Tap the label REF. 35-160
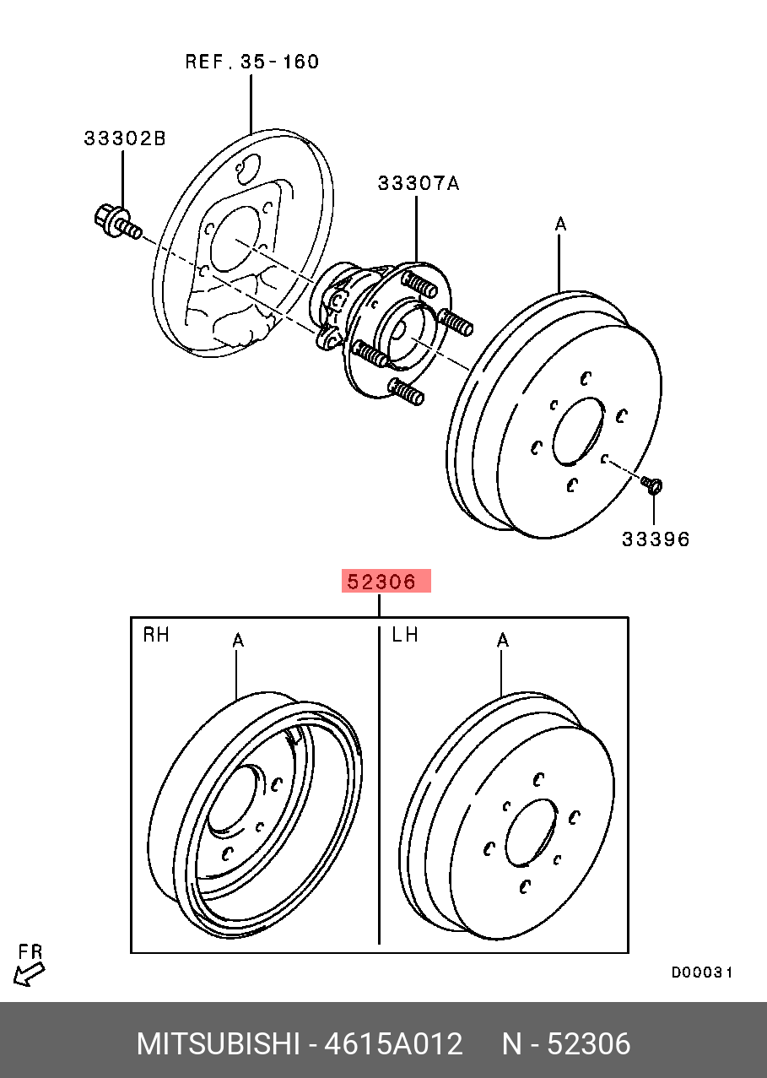252,62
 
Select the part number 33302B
125,138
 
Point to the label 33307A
419,183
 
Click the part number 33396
656,539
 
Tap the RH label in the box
156,634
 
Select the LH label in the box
405,634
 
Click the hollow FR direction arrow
29,975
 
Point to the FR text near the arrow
30,952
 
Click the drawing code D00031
701,972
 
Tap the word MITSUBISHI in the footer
217,1044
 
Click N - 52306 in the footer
566,1044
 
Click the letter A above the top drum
560,225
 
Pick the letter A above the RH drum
238,642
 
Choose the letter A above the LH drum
503,642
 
